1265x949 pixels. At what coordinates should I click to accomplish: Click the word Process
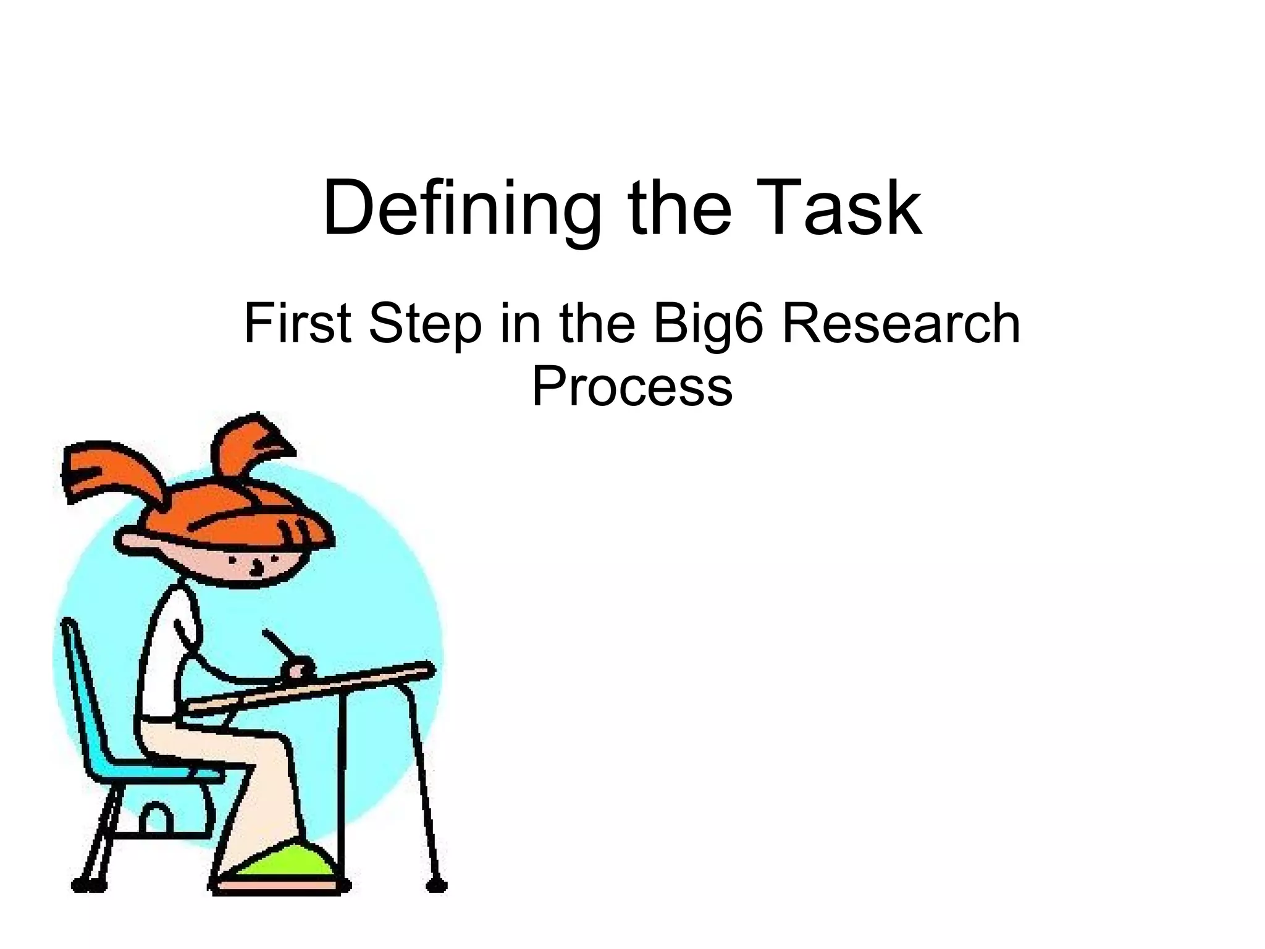[x=632, y=386]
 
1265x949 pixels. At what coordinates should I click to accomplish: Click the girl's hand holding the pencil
[x=300, y=670]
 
